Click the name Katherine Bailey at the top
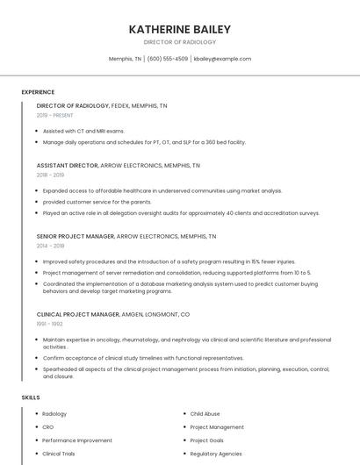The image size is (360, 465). (x=179, y=29)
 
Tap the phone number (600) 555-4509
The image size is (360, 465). (x=167, y=59)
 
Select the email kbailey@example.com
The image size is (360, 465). (x=222, y=59)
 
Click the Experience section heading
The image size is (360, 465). (x=38, y=92)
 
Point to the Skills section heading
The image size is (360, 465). (x=31, y=397)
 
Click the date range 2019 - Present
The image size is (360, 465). (x=55, y=115)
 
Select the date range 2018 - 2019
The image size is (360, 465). (x=50, y=175)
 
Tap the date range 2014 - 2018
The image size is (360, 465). (x=50, y=246)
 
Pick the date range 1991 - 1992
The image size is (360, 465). (x=50, y=324)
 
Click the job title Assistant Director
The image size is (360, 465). (x=67, y=165)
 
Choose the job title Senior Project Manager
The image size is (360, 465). (x=76, y=236)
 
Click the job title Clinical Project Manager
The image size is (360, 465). (x=77, y=314)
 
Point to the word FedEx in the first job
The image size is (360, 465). (x=119, y=105)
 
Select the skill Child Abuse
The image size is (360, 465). (x=205, y=413)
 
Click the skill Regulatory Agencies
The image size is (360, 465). (x=216, y=454)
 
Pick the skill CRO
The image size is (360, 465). (x=48, y=427)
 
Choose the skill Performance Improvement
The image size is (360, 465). (x=77, y=440)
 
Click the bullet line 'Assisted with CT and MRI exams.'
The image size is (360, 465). (x=83, y=131)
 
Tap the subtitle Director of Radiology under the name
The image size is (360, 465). (x=179, y=42)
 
